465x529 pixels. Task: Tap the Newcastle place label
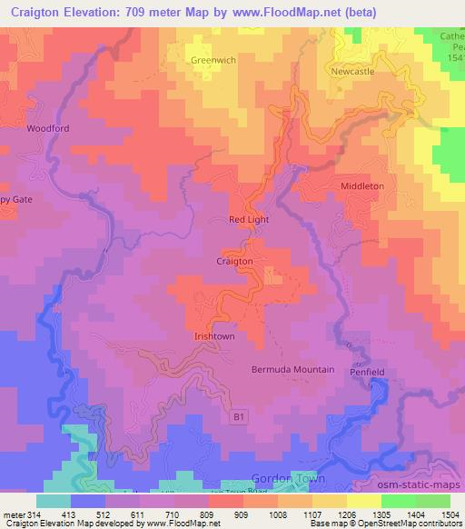point(352,71)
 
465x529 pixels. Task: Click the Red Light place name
point(249,220)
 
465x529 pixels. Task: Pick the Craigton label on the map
point(234,261)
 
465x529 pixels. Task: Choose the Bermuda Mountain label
point(293,370)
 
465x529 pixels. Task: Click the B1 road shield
point(239,417)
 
